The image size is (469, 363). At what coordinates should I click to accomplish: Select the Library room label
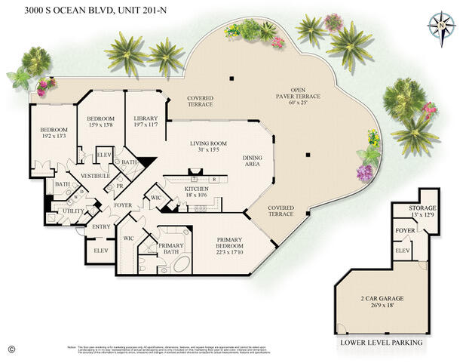[x=145, y=122]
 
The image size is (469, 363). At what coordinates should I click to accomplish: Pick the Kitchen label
[x=197, y=191]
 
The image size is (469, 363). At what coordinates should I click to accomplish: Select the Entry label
[x=101, y=226]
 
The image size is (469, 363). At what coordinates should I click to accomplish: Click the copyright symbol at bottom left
[x=11, y=349]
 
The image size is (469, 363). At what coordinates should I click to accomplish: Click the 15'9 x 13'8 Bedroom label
[x=100, y=122]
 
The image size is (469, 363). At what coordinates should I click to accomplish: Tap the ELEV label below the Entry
[x=100, y=250]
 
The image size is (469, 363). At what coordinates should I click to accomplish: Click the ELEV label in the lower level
[x=402, y=249]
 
